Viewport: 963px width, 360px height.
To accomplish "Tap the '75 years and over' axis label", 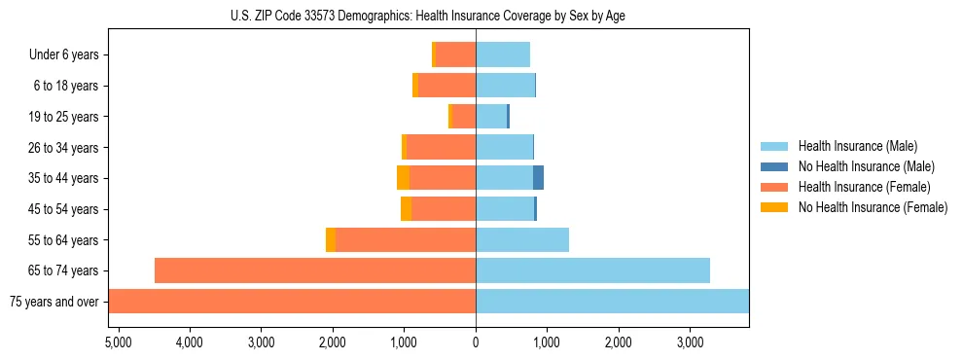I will click(x=54, y=302).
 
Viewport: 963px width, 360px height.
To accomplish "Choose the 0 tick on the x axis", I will click(x=476, y=342).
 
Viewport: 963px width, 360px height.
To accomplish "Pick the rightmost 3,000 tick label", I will click(x=690, y=342).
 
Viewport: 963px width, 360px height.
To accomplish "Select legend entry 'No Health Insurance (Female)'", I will click(x=873, y=207).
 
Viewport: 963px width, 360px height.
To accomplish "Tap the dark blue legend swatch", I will click(x=775, y=166).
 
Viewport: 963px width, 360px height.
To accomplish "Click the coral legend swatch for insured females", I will click(x=775, y=187).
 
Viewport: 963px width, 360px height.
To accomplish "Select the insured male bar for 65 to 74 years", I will click(x=592, y=270).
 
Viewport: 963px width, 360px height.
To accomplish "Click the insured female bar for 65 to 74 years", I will click(x=315, y=270).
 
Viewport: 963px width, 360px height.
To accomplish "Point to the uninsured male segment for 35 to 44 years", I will click(x=538, y=178).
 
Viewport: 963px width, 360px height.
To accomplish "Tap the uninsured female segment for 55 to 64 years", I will click(x=331, y=239).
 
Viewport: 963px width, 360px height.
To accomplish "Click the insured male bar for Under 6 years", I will click(x=503, y=55).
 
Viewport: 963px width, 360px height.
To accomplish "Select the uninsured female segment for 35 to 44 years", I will click(x=403, y=178).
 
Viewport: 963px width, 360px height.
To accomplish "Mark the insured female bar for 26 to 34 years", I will click(x=441, y=148).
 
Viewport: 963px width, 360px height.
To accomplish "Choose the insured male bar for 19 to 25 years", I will click(x=491, y=117).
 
